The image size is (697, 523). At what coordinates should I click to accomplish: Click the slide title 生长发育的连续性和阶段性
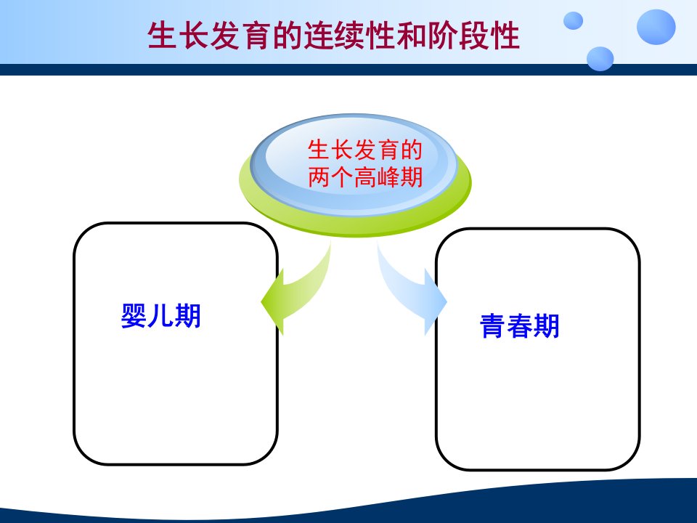pyautogui.click(x=333, y=36)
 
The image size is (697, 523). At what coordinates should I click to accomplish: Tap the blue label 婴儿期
pyautogui.click(x=161, y=316)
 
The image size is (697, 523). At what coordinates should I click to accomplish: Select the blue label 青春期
pyautogui.click(x=520, y=325)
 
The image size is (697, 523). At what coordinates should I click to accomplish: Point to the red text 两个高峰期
pyautogui.click(x=365, y=177)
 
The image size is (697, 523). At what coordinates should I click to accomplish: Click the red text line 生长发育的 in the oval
pyautogui.click(x=365, y=150)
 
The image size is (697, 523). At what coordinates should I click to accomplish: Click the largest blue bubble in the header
pyautogui.click(x=656, y=27)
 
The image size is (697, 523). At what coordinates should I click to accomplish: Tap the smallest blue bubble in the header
pyautogui.click(x=574, y=20)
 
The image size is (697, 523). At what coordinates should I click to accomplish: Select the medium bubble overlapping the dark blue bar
pyautogui.click(x=600, y=59)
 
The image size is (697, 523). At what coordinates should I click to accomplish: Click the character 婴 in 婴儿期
pyautogui.click(x=134, y=316)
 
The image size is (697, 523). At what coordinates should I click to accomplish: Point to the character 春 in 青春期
pyautogui.click(x=520, y=325)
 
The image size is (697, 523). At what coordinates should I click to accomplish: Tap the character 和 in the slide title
pyautogui.click(x=411, y=36)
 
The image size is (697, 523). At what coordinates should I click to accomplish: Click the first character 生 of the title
pyautogui.click(x=162, y=36)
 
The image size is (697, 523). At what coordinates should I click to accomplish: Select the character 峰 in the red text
pyautogui.click(x=388, y=177)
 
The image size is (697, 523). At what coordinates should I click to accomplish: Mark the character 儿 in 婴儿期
pyautogui.click(x=161, y=316)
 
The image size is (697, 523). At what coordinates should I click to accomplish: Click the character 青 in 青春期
pyautogui.click(x=493, y=325)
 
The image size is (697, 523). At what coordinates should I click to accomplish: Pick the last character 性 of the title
pyautogui.click(x=505, y=36)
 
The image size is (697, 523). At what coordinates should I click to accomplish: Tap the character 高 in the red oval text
pyautogui.click(x=365, y=177)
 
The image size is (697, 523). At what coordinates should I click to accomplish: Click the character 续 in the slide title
pyautogui.click(x=349, y=36)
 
